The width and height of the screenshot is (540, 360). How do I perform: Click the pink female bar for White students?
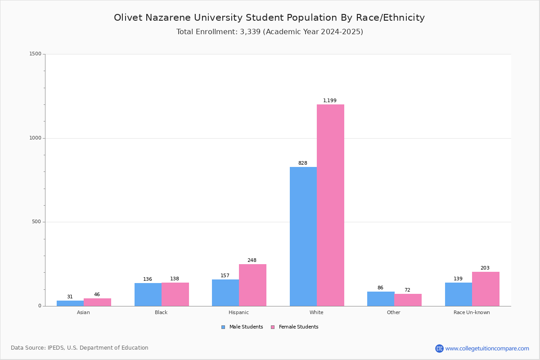(x=330, y=205)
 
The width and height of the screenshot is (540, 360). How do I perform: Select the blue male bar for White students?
(x=303, y=236)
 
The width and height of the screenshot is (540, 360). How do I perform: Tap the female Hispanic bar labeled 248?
(x=252, y=285)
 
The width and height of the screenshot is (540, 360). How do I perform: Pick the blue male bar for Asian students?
(x=70, y=303)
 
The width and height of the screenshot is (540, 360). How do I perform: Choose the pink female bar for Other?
(x=408, y=300)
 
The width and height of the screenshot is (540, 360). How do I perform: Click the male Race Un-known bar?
(x=458, y=294)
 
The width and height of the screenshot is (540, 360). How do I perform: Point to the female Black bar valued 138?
(x=175, y=294)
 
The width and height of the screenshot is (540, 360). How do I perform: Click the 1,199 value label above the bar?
(x=330, y=101)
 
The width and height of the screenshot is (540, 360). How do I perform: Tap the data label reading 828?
(x=303, y=163)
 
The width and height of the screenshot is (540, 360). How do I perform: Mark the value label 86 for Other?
(x=380, y=288)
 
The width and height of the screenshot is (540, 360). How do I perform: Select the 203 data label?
(x=485, y=268)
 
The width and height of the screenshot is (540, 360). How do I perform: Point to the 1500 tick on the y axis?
(x=36, y=54)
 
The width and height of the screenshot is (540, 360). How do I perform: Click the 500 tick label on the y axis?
(x=36, y=222)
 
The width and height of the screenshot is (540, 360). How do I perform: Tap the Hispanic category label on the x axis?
(x=238, y=312)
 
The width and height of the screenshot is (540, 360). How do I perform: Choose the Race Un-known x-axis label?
(x=472, y=312)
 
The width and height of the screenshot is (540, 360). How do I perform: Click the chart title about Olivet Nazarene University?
(x=269, y=18)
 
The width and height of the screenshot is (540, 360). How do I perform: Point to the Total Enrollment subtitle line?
(x=269, y=32)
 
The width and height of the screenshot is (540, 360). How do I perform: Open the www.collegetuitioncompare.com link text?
(x=487, y=348)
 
